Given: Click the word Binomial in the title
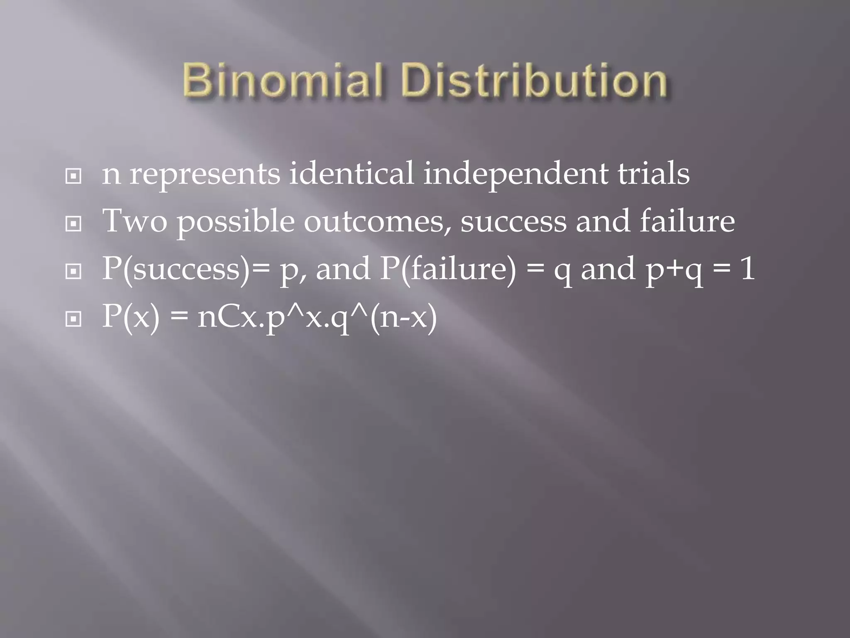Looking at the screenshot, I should pyautogui.click(x=282, y=80).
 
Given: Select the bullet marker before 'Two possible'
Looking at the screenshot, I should pyautogui.click(x=73, y=224).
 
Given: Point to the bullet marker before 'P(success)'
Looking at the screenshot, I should pyautogui.click(x=73, y=272).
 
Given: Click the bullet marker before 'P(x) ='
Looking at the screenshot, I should pyautogui.click(x=73, y=319).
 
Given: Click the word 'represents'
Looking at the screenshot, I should pyautogui.click(x=205, y=174).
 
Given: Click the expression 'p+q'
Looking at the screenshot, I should pyautogui.click(x=675, y=270).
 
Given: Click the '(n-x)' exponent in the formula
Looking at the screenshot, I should pyautogui.click(x=403, y=317).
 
